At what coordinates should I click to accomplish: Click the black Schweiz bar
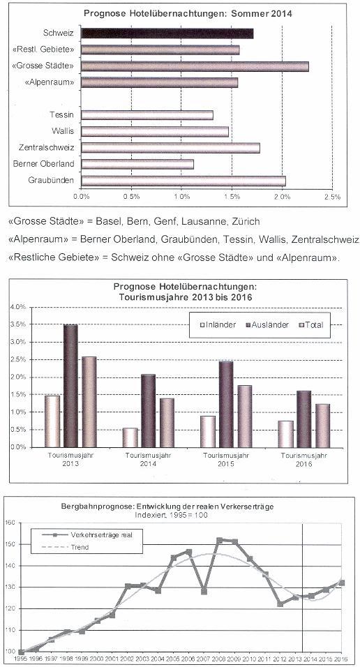pyautogui.click(x=167, y=33)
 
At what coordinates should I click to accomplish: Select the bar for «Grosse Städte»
pyautogui.click(x=195, y=66)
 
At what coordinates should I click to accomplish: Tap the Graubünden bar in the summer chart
pyautogui.click(x=183, y=181)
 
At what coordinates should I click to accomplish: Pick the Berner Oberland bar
pyautogui.click(x=137, y=164)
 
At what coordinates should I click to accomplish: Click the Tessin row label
pyautogui.click(x=61, y=115)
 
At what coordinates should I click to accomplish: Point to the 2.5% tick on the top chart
pyautogui.click(x=332, y=197)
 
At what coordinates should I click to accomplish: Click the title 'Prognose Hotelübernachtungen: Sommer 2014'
pyautogui.click(x=188, y=14)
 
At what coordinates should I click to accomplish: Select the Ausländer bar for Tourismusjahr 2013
pyautogui.click(x=70, y=386)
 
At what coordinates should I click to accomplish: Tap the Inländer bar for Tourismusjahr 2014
pyautogui.click(x=130, y=437)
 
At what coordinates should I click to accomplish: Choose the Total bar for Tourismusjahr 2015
pyautogui.click(x=245, y=417)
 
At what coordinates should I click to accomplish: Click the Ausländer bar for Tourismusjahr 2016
pyautogui.click(x=303, y=419)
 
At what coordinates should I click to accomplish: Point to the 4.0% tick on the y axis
pyautogui.click(x=18, y=307)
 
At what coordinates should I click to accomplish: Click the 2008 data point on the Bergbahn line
pyautogui.click(x=220, y=540)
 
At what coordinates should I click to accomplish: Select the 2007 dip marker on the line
pyautogui.click(x=204, y=591)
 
